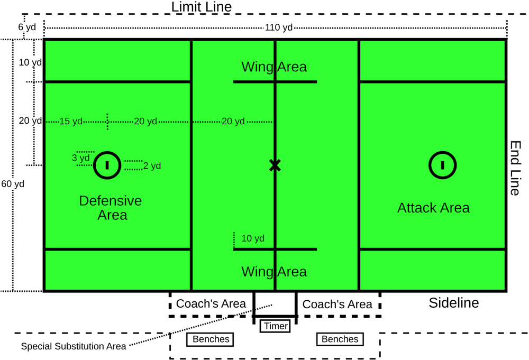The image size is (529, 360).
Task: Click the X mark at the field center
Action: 275,165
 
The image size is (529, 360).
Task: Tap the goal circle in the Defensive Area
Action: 107,165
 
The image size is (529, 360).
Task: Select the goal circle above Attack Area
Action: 442,165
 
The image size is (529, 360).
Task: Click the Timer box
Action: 275,326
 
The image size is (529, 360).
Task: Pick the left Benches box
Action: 211,339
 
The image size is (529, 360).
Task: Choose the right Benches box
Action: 340,339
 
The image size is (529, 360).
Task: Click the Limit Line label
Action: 201,7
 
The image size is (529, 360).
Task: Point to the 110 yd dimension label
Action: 278,27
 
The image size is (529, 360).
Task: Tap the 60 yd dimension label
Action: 13,184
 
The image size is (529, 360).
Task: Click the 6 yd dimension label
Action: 27,27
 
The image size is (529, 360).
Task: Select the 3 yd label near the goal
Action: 81,158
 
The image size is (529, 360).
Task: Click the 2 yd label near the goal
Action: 152,166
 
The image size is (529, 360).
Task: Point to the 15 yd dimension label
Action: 71,122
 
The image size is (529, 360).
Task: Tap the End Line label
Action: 514,168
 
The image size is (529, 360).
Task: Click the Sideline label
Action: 453,303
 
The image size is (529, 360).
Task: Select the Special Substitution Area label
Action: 74,347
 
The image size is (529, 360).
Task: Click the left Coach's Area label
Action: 211,304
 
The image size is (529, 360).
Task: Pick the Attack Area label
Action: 433,208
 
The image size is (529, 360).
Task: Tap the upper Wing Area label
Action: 274,67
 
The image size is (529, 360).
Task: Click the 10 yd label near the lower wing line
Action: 252,238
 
